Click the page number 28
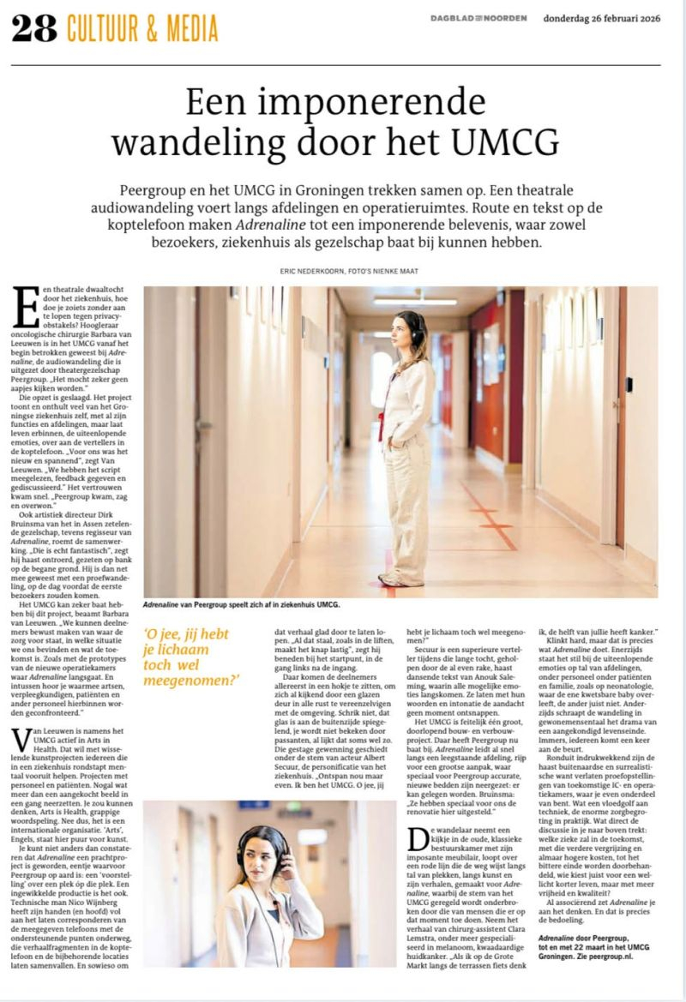click(x=33, y=28)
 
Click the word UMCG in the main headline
click(x=507, y=141)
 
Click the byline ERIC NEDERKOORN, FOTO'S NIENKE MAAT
click(x=342, y=271)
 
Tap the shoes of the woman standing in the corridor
click(x=400, y=579)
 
